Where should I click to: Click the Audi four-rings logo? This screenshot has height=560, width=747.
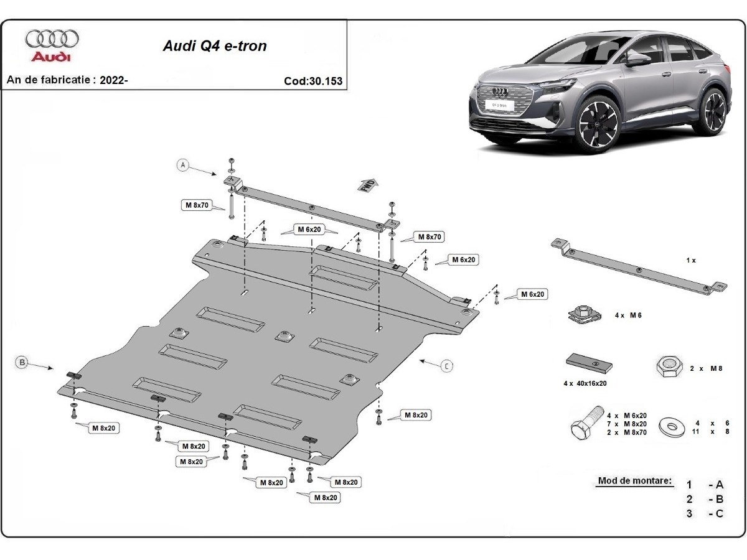[x=52, y=39]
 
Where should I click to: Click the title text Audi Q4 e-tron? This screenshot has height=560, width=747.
[x=215, y=45]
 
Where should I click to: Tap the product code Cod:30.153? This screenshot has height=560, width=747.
[x=312, y=81]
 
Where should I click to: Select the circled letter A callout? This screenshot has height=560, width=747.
[x=183, y=165]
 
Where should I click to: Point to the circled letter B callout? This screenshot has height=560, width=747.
[x=22, y=362]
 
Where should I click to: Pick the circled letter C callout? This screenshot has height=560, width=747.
[x=447, y=366]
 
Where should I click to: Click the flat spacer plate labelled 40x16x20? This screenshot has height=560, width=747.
[x=590, y=363]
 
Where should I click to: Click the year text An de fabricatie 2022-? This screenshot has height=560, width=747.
[x=67, y=80]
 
